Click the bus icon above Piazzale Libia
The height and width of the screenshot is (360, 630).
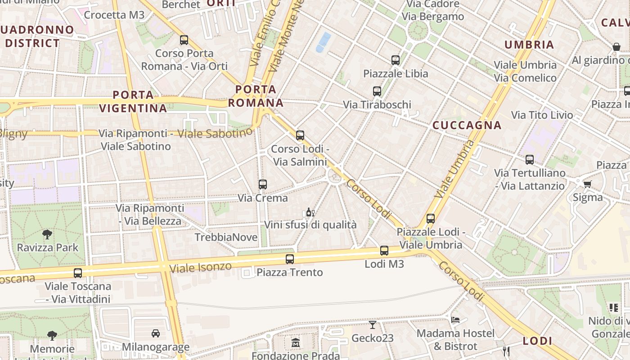(x=396, y=60)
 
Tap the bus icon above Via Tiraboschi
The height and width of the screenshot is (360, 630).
(x=377, y=91)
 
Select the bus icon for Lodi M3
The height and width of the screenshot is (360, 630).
(x=384, y=251)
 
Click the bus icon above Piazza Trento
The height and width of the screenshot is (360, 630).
(x=290, y=259)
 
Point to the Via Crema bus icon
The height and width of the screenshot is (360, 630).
(x=263, y=184)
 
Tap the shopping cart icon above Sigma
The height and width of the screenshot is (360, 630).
(x=587, y=184)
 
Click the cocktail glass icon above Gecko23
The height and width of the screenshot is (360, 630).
(x=373, y=324)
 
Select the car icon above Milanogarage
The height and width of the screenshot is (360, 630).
(x=156, y=333)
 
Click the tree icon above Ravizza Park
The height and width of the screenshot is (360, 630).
(x=47, y=234)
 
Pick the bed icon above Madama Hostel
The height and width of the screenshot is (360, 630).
(x=455, y=320)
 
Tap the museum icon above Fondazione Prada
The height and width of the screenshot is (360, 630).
(x=296, y=343)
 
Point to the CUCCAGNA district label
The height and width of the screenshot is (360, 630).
(x=467, y=126)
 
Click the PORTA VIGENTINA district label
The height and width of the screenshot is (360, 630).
(x=133, y=102)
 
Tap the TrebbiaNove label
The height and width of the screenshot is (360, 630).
(x=226, y=237)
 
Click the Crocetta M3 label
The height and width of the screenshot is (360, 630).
(x=114, y=15)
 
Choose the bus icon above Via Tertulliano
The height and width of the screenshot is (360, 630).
(x=530, y=160)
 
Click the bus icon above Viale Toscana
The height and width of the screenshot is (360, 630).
(x=78, y=273)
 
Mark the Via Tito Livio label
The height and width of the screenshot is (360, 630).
(x=542, y=115)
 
